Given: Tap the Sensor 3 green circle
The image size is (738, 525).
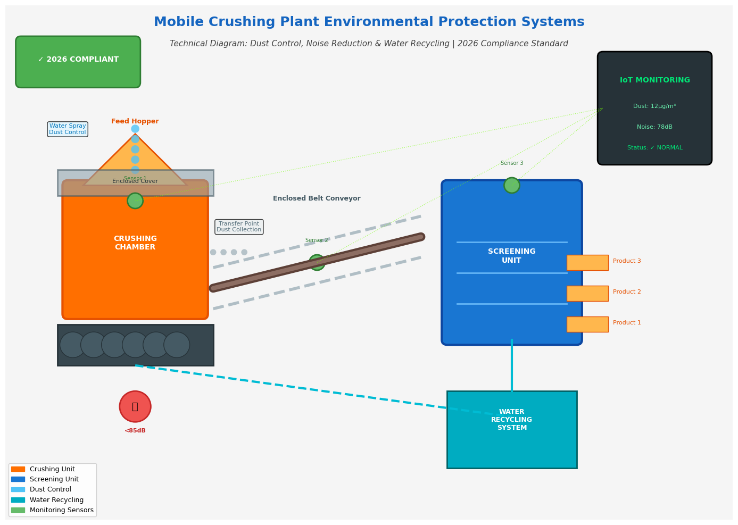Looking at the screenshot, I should pyautogui.click(x=512, y=185).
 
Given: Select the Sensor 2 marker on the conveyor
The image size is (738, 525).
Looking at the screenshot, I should pyautogui.click(x=317, y=262).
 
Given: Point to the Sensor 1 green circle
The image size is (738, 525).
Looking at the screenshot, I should pyautogui.click(x=135, y=201).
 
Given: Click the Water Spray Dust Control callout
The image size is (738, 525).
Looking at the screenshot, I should pyautogui.click(x=68, y=129).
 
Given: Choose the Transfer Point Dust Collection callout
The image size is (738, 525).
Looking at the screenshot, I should pyautogui.click(x=239, y=227).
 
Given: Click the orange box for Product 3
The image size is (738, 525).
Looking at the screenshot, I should pyautogui.click(x=587, y=263).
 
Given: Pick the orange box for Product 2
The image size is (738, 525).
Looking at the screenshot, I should pyautogui.click(x=587, y=294).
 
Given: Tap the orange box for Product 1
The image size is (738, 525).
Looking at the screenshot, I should pyautogui.click(x=587, y=324).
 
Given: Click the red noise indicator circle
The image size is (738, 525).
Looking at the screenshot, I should pyautogui.click(x=135, y=406).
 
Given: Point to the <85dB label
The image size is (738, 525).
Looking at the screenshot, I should pyautogui.click(x=135, y=431).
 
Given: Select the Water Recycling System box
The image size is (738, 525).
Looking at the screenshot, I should pyautogui.click(x=512, y=430).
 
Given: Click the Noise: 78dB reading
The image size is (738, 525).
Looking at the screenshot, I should pyautogui.click(x=654, y=127).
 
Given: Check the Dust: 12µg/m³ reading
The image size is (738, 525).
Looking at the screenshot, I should pyautogui.click(x=654, y=106).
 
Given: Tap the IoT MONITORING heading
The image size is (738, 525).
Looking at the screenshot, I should pyautogui.click(x=654, y=80).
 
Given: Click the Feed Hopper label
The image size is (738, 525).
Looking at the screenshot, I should pyautogui.click(x=135, y=121).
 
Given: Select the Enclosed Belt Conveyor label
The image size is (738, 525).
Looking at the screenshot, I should pyautogui.click(x=317, y=198).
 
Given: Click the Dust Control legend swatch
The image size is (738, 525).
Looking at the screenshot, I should pyautogui.click(x=18, y=489).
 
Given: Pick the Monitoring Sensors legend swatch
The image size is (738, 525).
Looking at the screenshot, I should pyautogui.click(x=18, y=510).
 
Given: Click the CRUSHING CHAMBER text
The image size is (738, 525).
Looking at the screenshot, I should pyautogui.click(x=135, y=243).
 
